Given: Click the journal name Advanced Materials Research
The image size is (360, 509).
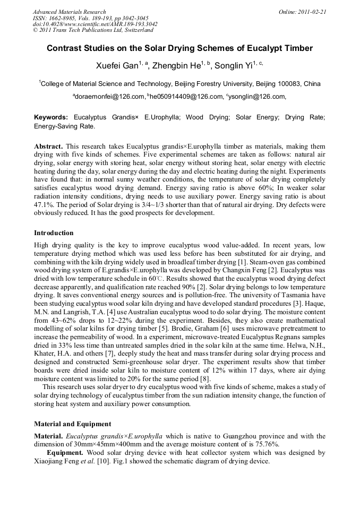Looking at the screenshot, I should click(69, 12).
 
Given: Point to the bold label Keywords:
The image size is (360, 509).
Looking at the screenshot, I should click(51, 117).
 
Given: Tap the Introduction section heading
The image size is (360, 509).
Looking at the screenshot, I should click(54, 233).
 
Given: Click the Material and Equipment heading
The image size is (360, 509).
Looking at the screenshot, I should click(72, 424).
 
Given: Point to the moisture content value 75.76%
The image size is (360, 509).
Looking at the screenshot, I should click(261, 444).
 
